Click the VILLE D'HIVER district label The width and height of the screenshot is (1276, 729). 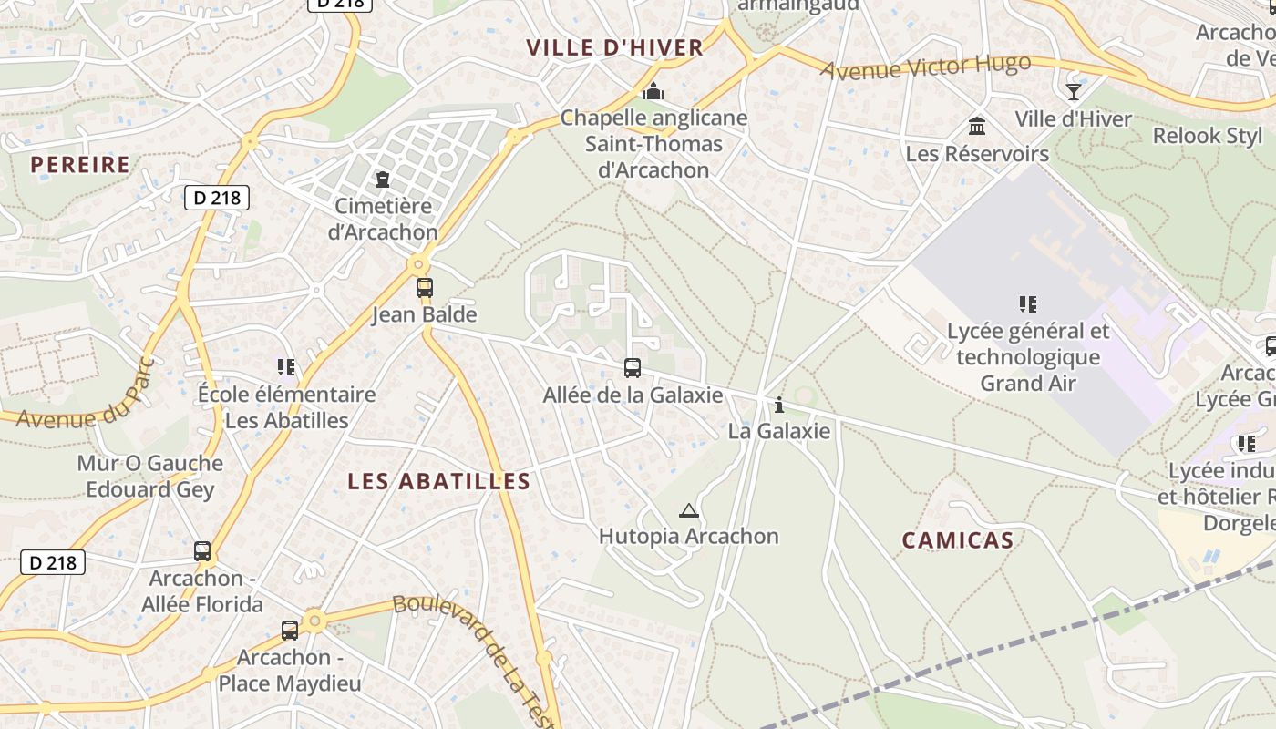614,47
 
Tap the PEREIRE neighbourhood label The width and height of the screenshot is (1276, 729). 80,165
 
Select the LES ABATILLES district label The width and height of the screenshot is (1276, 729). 439,481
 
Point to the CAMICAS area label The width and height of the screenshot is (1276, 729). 958,540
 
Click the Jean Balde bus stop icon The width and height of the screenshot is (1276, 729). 425,288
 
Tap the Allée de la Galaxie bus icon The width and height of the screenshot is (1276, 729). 633,368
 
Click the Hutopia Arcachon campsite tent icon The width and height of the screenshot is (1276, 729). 688,510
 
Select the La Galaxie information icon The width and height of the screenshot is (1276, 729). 778,406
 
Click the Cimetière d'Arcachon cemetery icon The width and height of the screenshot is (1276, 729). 383,180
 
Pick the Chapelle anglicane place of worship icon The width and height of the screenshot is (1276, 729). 653,91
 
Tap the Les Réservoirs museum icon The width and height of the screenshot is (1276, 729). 977,126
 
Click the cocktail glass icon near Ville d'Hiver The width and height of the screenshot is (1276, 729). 1074,91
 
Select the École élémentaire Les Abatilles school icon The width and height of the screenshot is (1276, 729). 286,367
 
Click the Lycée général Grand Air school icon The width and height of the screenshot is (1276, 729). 1028,304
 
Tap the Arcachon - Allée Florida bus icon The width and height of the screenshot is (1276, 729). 202,551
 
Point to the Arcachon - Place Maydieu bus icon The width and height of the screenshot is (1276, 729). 290,630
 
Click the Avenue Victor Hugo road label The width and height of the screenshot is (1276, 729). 926,67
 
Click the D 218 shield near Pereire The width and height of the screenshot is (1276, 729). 217,198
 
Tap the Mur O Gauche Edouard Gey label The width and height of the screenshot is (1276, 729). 149,476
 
